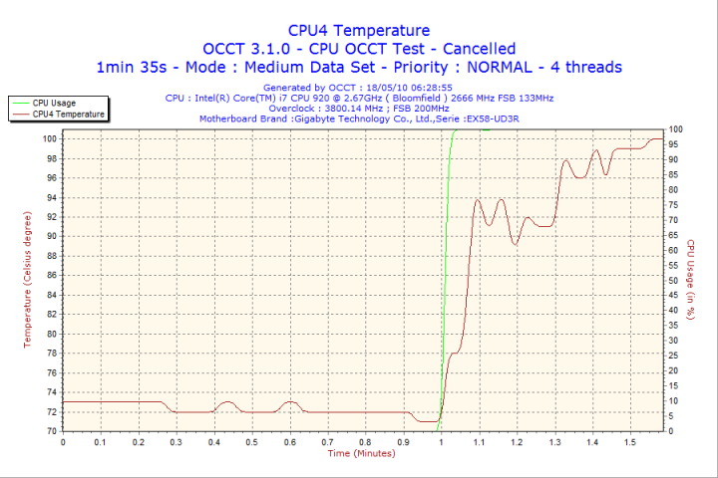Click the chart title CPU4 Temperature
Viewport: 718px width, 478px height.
pos(359,30)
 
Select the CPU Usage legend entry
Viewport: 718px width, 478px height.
pos(54,103)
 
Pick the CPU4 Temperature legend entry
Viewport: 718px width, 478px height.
pos(66,114)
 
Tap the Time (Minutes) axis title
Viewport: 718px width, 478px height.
pos(361,453)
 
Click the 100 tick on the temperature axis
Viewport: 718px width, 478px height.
pos(49,138)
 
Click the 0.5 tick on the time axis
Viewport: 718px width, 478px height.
pos(251,441)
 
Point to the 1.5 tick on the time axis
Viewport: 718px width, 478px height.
pos(628,441)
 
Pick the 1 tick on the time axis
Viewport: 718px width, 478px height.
pos(440,441)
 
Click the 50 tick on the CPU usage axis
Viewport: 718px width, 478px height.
pos(675,280)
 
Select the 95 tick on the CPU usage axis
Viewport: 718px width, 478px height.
pos(675,144)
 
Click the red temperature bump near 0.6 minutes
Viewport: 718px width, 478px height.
pos(290,402)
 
